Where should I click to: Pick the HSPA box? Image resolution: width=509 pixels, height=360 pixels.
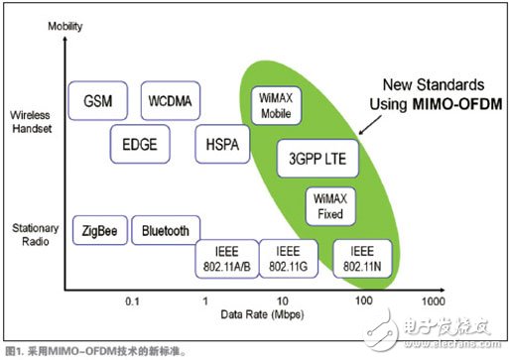click(x=216, y=143)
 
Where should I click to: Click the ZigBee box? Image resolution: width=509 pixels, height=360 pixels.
click(x=100, y=230)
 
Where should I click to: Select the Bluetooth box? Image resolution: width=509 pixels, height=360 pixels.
click(x=165, y=230)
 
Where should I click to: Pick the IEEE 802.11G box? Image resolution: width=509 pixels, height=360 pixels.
click(x=287, y=257)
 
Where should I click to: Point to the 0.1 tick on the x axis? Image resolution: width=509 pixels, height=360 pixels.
click(x=132, y=300)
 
